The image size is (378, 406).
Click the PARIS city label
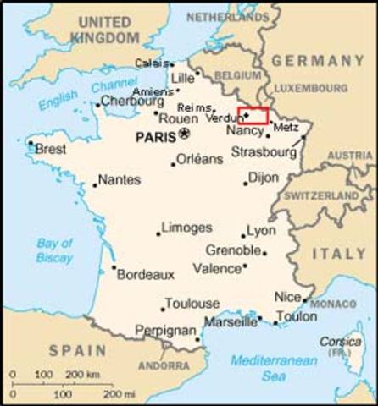click(x=156, y=135)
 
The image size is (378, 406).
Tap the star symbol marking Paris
click(x=185, y=134)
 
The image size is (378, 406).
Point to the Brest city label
click(x=50, y=149)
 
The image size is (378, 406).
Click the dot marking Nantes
click(x=95, y=184)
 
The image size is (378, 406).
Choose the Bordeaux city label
click(x=145, y=274)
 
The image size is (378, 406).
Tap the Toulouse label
click(x=192, y=303)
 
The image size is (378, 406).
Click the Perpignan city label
click(x=166, y=331)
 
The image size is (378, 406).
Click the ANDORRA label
click(x=163, y=365)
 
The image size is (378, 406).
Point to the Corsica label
click(x=340, y=342)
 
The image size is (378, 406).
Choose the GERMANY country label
click(x=319, y=61)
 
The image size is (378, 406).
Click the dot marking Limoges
click(x=158, y=233)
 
